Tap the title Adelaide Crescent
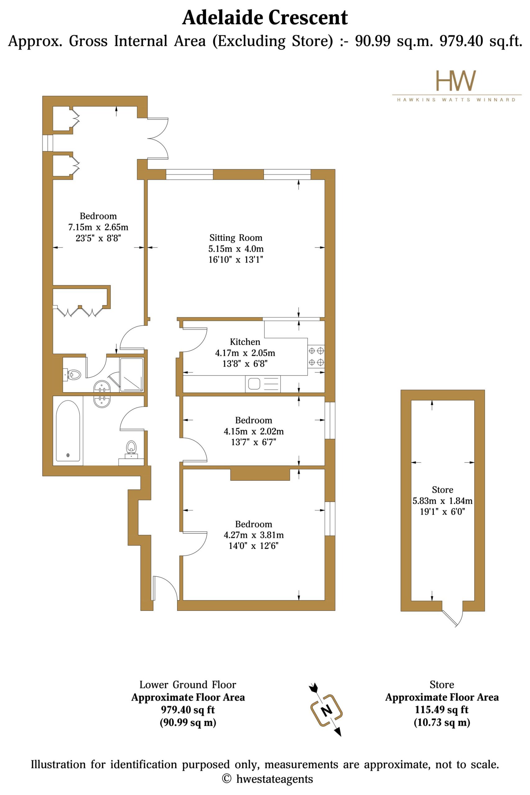[265, 18]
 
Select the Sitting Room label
[236, 238]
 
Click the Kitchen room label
[245, 342]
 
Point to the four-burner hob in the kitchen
[316, 356]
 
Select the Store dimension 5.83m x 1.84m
[442, 501]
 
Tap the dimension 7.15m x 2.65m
[98, 227]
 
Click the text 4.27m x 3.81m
[253, 535]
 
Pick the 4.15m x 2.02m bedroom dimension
[253, 431]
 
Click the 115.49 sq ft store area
[442, 710]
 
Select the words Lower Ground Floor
[188, 685]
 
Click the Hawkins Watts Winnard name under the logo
[456, 100]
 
